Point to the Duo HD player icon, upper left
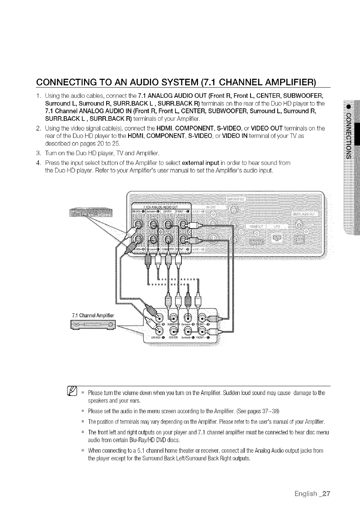[91, 213]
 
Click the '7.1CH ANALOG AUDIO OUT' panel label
[161, 207]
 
